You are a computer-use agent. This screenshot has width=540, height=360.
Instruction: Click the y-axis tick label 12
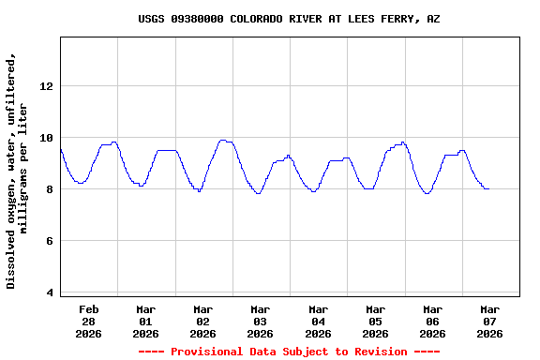[46, 86]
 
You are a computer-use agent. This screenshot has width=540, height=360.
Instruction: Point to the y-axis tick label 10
[46, 138]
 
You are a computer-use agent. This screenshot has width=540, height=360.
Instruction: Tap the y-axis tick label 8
[49, 189]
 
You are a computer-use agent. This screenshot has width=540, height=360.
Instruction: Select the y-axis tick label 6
[49, 241]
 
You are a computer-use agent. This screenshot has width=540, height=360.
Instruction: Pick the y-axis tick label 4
[49, 292]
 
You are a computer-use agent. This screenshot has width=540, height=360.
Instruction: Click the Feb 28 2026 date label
[88, 321]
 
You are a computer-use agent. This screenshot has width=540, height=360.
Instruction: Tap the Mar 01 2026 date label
[145, 321]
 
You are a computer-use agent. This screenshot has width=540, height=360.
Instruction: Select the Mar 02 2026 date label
[202, 321]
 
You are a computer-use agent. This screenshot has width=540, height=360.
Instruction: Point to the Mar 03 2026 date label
[260, 321]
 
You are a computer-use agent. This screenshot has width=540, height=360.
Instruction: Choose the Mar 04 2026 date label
[318, 321]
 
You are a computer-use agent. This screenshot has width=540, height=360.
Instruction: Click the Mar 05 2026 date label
[375, 321]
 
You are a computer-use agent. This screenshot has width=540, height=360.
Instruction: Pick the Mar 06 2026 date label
[432, 321]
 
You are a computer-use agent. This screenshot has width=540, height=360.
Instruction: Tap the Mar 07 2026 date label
[489, 321]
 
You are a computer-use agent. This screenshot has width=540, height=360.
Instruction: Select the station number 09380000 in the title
[197, 19]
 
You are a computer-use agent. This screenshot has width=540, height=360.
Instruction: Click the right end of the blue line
[488, 188]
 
